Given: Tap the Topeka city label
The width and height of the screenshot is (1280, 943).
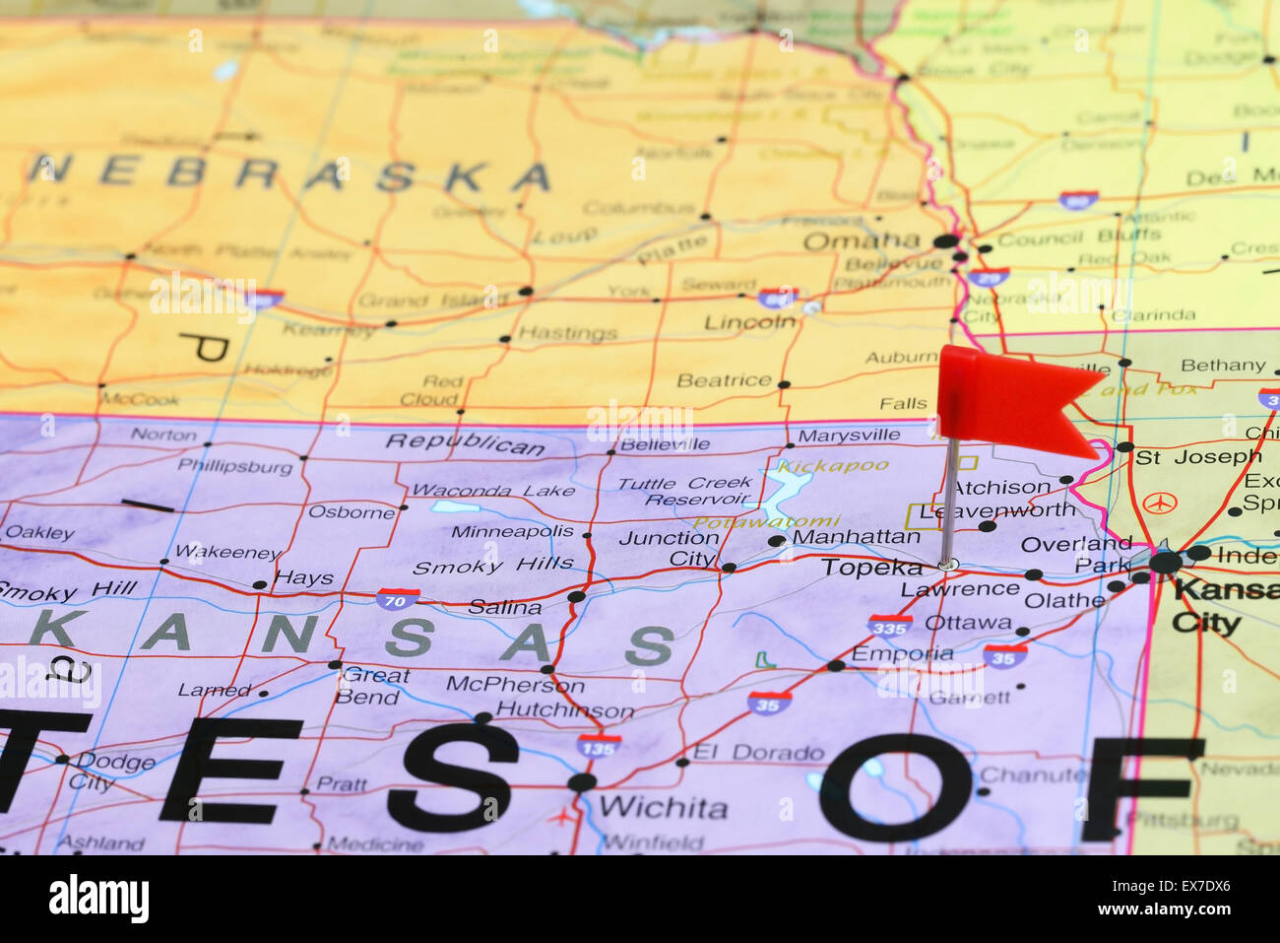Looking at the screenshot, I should click(872, 568).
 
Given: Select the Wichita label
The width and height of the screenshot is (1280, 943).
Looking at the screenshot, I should click(663, 808).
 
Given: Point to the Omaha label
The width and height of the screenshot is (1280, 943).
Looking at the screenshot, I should click(861, 240).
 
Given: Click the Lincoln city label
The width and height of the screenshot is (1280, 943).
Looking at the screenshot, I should click(749, 322).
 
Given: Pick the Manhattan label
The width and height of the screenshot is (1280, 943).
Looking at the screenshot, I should click(856, 537).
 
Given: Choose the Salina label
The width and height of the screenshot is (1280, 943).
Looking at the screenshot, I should click(504, 607).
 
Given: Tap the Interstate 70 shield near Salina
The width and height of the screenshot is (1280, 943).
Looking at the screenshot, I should click(398, 598).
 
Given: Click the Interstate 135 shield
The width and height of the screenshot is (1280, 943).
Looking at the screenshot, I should click(599, 744).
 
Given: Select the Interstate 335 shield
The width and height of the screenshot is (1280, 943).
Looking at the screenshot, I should click(888, 625).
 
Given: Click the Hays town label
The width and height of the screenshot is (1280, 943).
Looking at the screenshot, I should click(304, 577).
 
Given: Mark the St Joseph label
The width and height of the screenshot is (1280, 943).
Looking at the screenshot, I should click(1197, 457).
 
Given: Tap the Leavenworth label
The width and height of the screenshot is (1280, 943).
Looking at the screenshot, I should click(996, 509).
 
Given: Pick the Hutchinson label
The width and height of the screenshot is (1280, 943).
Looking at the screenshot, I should click(565, 709).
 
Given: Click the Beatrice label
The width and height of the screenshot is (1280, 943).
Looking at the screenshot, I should click(724, 380).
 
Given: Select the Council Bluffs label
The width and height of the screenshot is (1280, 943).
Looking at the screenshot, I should click(1079, 237).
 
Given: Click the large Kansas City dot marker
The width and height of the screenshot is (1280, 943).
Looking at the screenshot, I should click(1166, 563).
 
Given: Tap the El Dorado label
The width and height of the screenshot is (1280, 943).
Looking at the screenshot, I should click(758, 753).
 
